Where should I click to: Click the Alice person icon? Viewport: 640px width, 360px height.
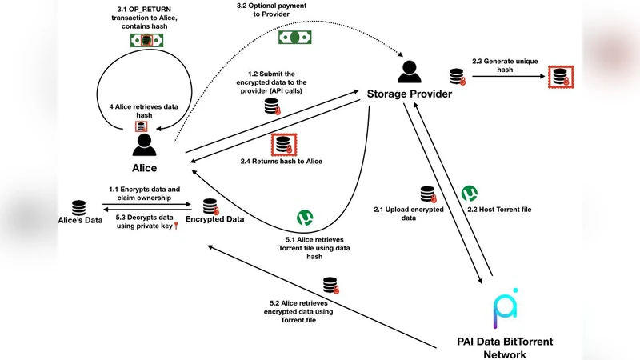(x=144, y=145)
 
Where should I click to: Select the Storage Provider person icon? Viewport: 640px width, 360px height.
(x=408, y=73)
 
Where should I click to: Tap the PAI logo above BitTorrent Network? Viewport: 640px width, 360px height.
(x=505, y=309)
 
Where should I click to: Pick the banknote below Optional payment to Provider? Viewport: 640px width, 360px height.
(x=294, y=37)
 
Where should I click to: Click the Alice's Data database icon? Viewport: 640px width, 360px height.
(x=78, y=206)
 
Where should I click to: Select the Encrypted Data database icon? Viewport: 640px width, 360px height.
(x=210, y=206)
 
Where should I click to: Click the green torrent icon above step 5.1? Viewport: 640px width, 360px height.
(x=305, y=218)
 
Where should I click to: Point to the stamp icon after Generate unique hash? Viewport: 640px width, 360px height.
(x=558, y=78)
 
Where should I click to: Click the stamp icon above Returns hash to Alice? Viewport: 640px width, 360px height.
(x=282, y=144)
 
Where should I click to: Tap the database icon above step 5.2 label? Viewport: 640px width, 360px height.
(x=329, y=285)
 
